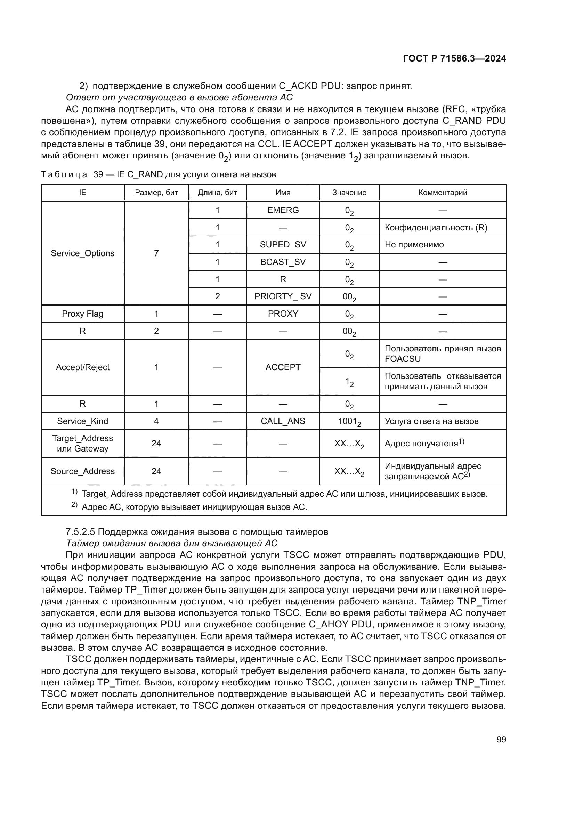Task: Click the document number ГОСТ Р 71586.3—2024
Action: pyautogui.click(x=454, y=59)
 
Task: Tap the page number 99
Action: pyautogui.click(x=501, y=739)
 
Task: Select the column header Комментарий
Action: pyautogui.click(x=443, y=193)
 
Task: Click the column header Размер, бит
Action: pyautogui.click(x=156, y=193)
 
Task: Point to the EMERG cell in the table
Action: pyautogui.click(x=283, y=210)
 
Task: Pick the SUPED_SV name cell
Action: pyautogui.click(x=283, y=245)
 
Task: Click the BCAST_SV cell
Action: pyautogui.click(x=283, y=262)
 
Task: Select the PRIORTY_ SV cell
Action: pyautogui.click(x=283, y=296)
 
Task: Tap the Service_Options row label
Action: pyautogui.click(x=82, y=253)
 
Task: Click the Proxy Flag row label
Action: pyautogui.click(x=82, y=314)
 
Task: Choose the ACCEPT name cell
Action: pyautogui.click(x=283, y=367)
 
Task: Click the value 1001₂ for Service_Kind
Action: pyautogui.click(x=349, y=421)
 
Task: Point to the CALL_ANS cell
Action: pyautogui.click(x=283, y=421)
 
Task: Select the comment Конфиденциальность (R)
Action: pyautogui.click(x=436, y=228)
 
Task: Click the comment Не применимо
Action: pyautogui.click(x=414, y=245)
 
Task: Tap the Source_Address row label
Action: pyautogui.click(x=82, y=471)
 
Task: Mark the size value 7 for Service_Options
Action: pyautogui.click(x=156, y=253)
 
